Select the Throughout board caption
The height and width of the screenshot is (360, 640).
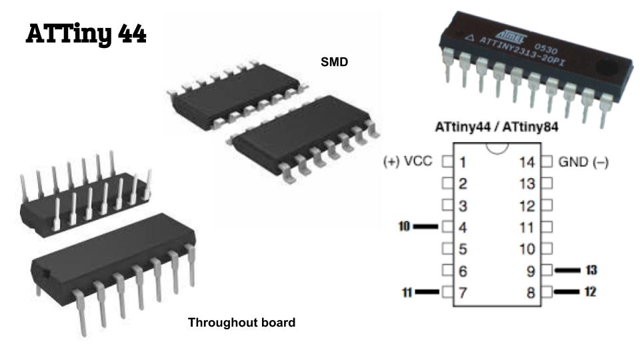[241, 323]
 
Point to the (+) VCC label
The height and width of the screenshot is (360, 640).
[408, 161]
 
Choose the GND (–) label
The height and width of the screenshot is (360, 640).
[583, 161]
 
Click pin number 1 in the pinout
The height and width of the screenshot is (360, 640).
[463, 162]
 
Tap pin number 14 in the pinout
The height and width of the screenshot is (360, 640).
[527, 162]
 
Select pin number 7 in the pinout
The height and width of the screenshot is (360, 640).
[463, 293]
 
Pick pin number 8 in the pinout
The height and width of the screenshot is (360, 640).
[531, 293]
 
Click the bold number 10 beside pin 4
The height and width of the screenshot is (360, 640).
[404, 227]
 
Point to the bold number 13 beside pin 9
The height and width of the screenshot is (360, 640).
[590, 270]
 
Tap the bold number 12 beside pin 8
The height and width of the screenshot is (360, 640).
[590, 292]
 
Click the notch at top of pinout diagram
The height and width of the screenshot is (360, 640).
[495, 147]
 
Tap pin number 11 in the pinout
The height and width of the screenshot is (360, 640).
[527, 227]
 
